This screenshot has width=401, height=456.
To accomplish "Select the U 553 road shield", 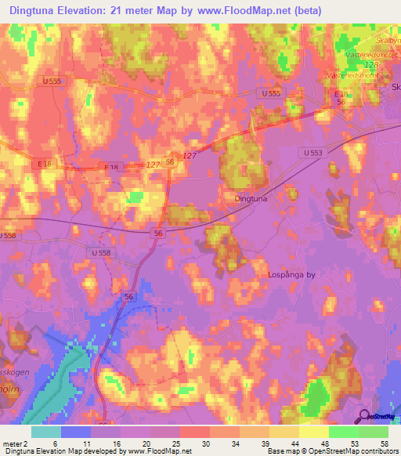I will (x=310, y=154).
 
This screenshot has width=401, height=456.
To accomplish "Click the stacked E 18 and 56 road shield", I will (x=340, y=97).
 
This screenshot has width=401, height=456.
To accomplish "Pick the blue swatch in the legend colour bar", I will (x=76, y=432).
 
